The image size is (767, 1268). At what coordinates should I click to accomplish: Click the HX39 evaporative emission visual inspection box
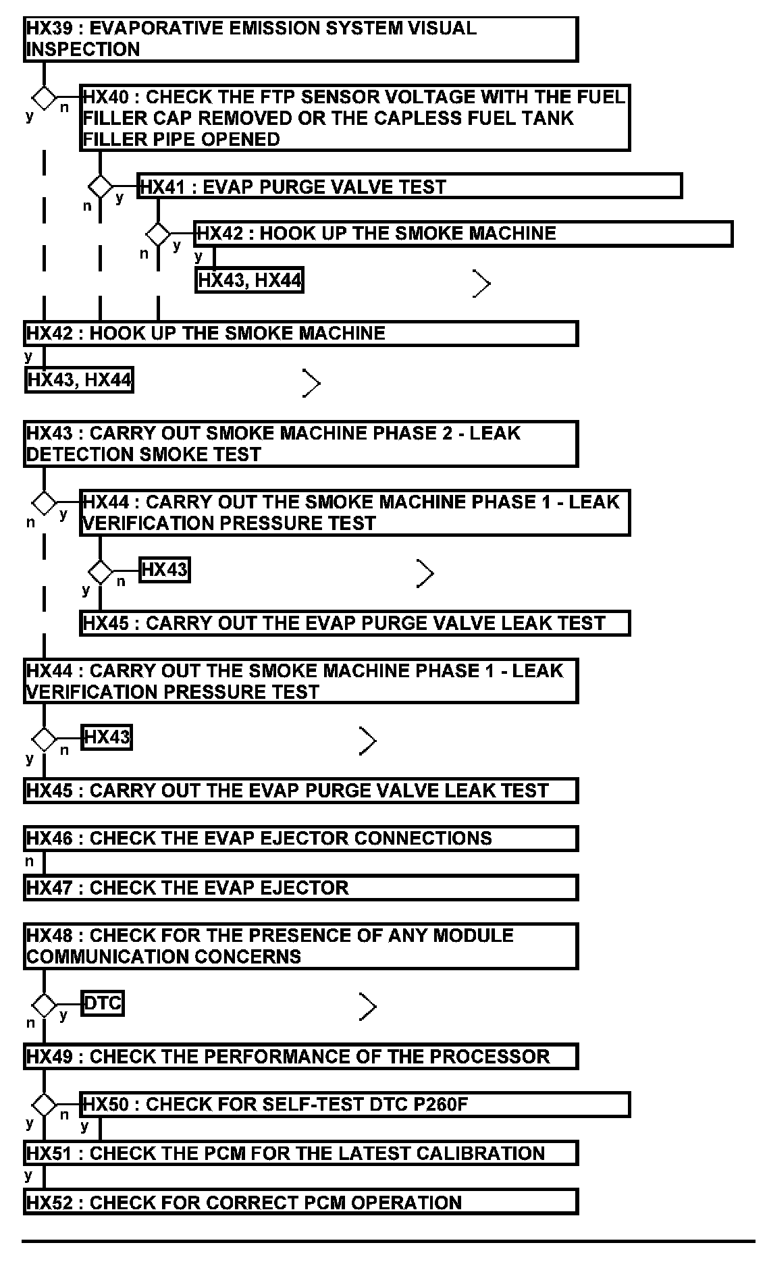tap(300, 39)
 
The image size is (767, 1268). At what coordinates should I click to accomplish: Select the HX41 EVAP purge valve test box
tap(410, 186)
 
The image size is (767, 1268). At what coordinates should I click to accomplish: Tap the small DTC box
tap(103, 1003)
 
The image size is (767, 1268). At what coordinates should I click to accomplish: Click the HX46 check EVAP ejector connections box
tap(300, 839)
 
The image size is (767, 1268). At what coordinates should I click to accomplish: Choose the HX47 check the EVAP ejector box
tap(300, 887)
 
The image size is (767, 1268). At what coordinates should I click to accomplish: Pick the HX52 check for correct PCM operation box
tap(300, 1203)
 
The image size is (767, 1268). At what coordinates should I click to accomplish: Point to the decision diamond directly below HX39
tap(45, 98)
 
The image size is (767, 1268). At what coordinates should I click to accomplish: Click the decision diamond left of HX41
tap(101, 186)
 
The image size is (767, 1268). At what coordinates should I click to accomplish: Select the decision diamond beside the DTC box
tap(45, 1005)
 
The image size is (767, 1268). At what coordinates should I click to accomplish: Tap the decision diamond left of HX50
tap(45, 1105)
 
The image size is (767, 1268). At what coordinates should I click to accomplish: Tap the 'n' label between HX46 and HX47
tap(29, 862)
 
